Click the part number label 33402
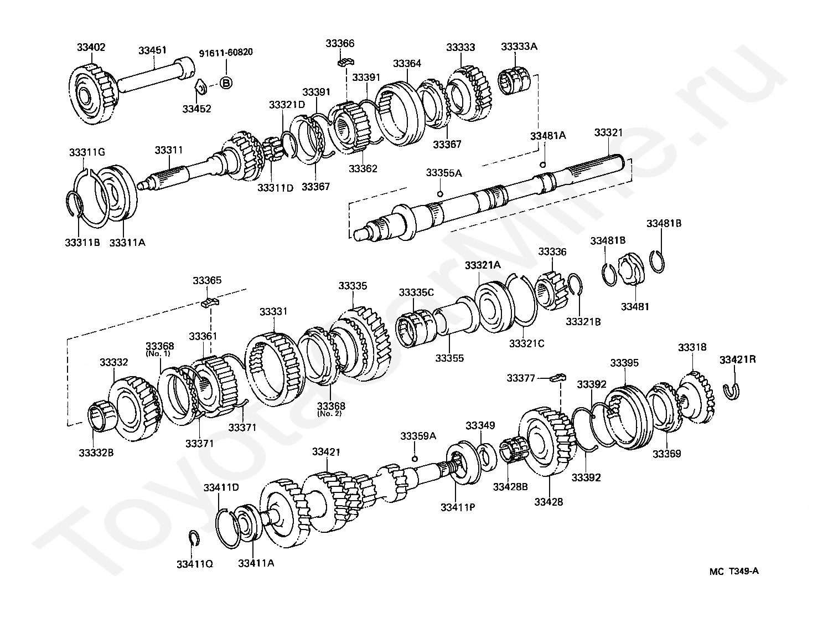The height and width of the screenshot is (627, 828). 91,48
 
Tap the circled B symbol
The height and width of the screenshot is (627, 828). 226,83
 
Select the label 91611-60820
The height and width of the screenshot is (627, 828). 226,53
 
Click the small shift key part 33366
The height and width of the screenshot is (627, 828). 346,61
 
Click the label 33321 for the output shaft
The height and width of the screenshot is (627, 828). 608,133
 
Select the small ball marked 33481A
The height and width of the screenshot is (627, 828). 543,164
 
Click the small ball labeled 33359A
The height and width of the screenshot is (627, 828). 415,459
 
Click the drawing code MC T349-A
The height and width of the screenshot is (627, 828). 734,572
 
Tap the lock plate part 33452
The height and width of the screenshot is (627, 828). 200,87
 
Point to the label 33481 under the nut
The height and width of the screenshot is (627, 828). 635,306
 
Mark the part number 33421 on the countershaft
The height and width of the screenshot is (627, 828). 326,452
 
